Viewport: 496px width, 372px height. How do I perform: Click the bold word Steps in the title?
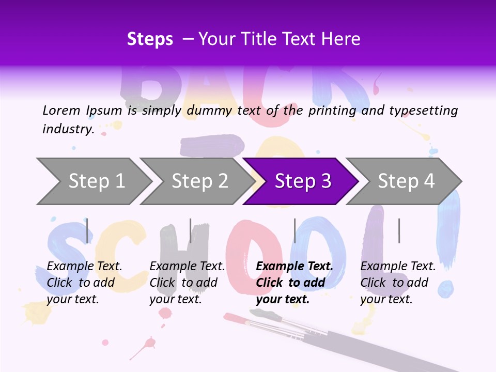(150, 39)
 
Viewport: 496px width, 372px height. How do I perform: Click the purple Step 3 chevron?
(303, 181)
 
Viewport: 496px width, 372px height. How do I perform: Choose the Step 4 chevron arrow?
(406, 181)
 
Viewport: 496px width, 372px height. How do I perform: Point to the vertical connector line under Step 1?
(87, 230)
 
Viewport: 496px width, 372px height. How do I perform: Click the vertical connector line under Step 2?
(190, 230)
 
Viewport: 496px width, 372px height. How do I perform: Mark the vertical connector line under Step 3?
(295, 230)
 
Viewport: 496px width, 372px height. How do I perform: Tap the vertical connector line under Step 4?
(399, 230)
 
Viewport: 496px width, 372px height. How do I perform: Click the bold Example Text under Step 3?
(295, 267)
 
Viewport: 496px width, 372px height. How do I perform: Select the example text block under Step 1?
(84, 283)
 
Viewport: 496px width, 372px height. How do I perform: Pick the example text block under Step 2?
(187, 283)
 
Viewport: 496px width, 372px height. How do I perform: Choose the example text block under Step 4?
(398, 283)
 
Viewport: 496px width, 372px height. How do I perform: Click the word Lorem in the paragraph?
(61, 110)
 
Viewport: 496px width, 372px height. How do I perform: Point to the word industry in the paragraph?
(68, 129)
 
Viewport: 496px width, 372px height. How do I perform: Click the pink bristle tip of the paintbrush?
(231, 316)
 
